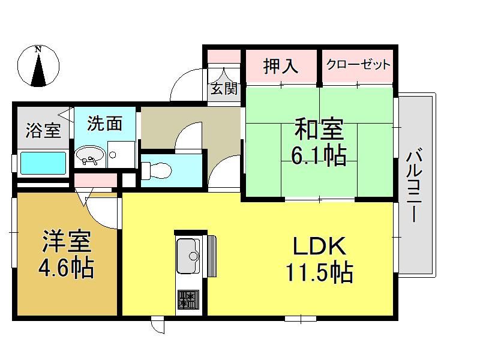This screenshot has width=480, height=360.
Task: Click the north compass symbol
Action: coord(38,66)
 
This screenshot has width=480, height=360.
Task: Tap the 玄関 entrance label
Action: coord(224,88)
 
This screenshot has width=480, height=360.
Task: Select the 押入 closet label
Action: coord(281,66)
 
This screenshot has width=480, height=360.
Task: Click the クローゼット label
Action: coord(358,65)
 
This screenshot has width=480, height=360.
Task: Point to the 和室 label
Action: coord(319,129)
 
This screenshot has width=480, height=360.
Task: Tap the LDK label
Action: coord(320,245)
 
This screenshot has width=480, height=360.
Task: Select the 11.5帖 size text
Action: coord(319,272)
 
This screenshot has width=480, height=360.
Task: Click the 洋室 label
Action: coord(67,241)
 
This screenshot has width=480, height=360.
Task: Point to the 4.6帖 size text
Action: coord(66,267)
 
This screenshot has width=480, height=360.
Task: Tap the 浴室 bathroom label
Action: coord(43,130)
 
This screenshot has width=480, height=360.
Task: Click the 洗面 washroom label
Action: coord(104,123)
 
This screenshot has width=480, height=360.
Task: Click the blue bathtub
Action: coord(43,163)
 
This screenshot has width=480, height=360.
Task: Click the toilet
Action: coord(157,170)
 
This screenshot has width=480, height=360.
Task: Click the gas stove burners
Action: coord(188,299)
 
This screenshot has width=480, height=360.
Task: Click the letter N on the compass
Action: coord(38,49)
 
